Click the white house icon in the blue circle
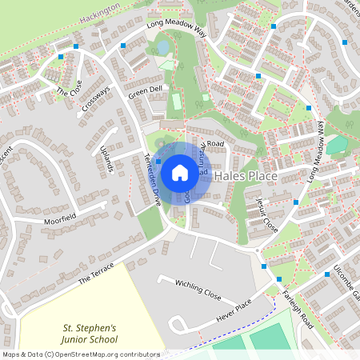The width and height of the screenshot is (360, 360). (x=179, y=173)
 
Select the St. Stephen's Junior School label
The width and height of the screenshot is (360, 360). (x=90, y=334)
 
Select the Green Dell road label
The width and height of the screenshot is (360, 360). (x=145, y=94)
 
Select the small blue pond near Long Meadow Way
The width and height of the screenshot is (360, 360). (x=163, y=47)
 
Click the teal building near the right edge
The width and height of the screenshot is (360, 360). (x=337, y=145)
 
